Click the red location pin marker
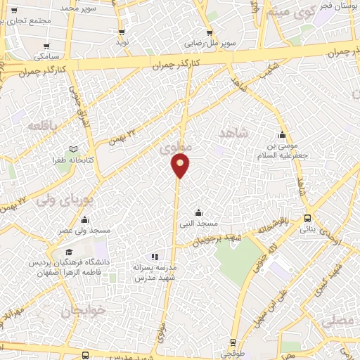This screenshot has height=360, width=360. coord(181,166)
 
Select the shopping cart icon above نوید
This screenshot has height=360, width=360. coord(122,32)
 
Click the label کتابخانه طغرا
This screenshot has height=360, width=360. coord(69,160)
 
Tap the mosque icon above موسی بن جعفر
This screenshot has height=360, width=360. coord(283,136)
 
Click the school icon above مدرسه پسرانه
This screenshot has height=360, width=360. coord(155,257)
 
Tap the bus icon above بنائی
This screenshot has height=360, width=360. coord(308,219)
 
